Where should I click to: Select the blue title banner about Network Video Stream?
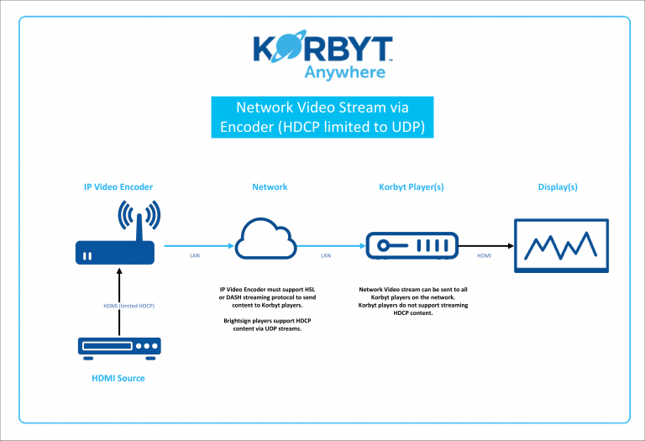coord(322,117)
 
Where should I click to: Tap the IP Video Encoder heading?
coord(118,186)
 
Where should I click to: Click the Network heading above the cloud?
coord(270,186)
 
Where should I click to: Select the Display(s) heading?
coord(558,186)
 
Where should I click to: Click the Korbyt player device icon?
coord(412,246)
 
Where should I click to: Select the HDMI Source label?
coord(118,378)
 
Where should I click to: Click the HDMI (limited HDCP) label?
coord(123,305)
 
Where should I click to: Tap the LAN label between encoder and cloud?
coord(193,254)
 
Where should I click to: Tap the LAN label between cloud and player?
coord(327,254)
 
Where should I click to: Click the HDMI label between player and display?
coord(485,254)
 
